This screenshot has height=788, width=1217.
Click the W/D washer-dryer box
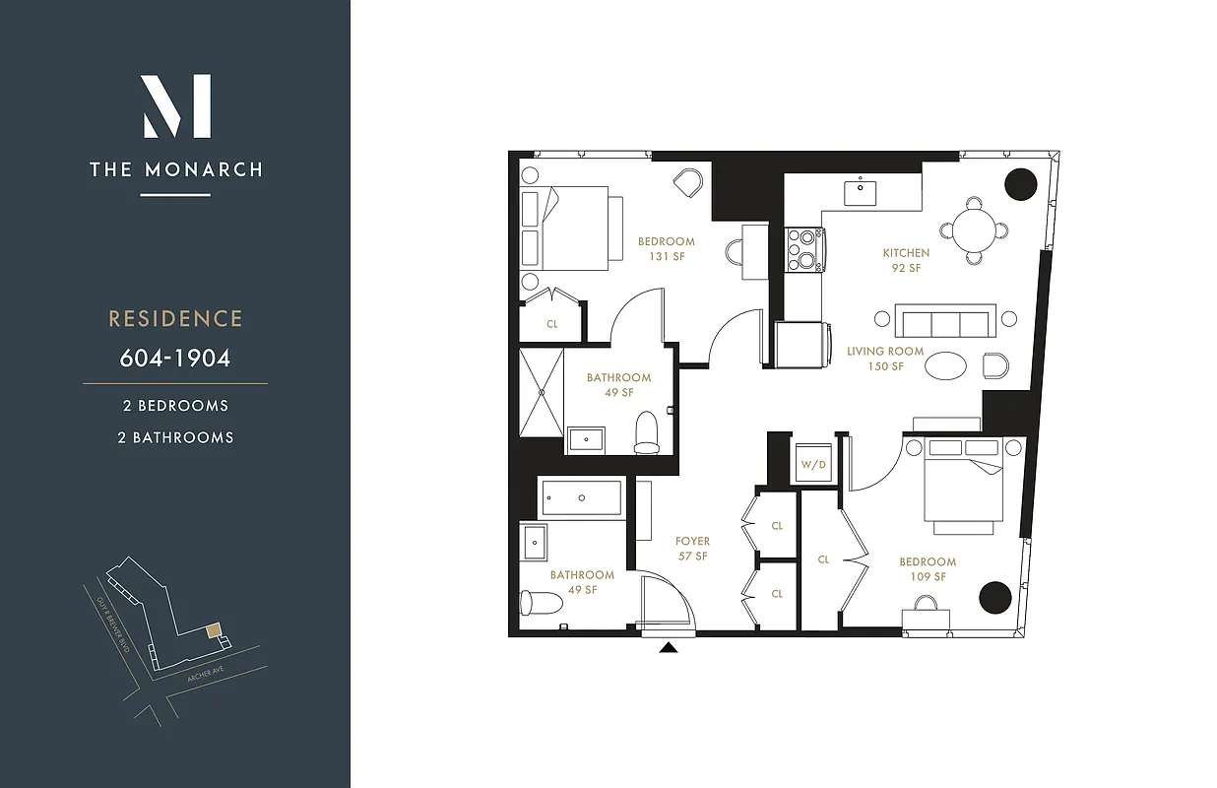813,464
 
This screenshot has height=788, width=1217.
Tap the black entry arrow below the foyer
669,648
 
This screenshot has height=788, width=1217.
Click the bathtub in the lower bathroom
581,497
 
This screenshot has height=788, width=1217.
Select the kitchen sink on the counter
861,192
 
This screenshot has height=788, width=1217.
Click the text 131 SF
666,257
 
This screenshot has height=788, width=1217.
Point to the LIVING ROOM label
885,352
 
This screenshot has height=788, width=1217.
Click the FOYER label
692,542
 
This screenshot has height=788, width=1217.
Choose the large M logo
176,106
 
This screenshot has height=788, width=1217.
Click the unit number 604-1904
175,358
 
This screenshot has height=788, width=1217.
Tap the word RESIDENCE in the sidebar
175,319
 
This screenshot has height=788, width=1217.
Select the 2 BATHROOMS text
175,437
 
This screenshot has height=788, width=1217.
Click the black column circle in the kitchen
1020,185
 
